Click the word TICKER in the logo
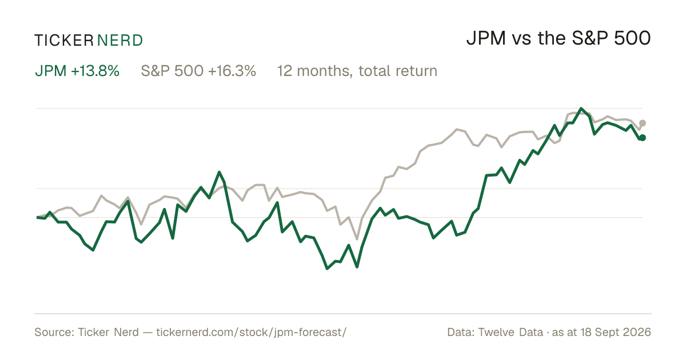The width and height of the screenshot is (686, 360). tap(64, 41)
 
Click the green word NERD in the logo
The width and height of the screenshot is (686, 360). tap(119, 41)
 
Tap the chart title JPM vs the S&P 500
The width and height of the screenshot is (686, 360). tap(559, 38)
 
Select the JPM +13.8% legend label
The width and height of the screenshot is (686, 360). tap(77, 71)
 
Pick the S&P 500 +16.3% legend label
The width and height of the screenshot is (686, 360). tap(198, 71)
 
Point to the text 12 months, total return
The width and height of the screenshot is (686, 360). tap(357, 71)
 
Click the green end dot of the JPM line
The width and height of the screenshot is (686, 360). tap(643, 138)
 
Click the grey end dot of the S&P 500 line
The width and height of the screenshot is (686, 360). tap(643, 123)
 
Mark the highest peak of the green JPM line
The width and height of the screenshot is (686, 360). tap(581, 109)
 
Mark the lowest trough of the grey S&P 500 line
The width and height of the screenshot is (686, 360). tap(357, 239)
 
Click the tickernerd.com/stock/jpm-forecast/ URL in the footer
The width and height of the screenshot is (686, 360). tap(252, 332)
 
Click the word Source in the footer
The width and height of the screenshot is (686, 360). tap(53, 332)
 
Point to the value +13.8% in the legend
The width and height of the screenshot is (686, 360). tap(95, 71)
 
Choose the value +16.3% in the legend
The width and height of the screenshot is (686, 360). tap(232, 71)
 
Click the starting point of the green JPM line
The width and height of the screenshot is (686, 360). tap(37, 217)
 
